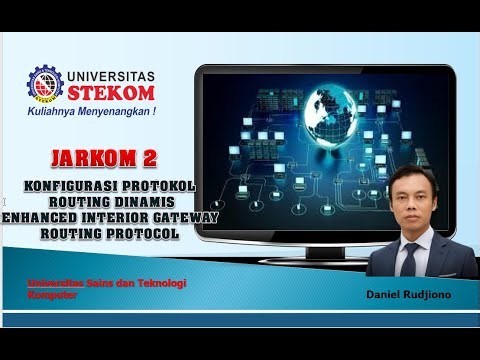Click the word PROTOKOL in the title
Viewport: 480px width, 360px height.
click(x=159, y=186)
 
